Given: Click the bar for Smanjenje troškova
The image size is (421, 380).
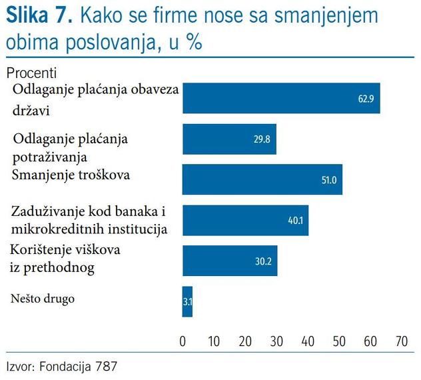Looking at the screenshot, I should tap(262, 180).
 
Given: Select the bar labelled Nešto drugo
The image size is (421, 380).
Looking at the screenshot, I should tap(187, 301).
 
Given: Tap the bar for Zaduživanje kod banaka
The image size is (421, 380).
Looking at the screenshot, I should tap(245, 221).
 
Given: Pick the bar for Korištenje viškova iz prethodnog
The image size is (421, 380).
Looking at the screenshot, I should tap(229, 261).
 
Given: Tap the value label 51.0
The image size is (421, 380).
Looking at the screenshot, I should tap(329, 180).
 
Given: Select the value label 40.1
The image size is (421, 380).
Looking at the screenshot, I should tap(296, 221).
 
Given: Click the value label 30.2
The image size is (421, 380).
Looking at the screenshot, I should tap(264, 261).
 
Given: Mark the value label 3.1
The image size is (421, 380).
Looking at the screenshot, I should tap(187, 301).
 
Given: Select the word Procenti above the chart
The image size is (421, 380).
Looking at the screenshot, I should tap(31, 72).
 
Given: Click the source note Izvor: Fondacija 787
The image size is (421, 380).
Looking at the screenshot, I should tap(55, 366).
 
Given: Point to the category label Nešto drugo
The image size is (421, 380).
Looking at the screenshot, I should tap(43, 298).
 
